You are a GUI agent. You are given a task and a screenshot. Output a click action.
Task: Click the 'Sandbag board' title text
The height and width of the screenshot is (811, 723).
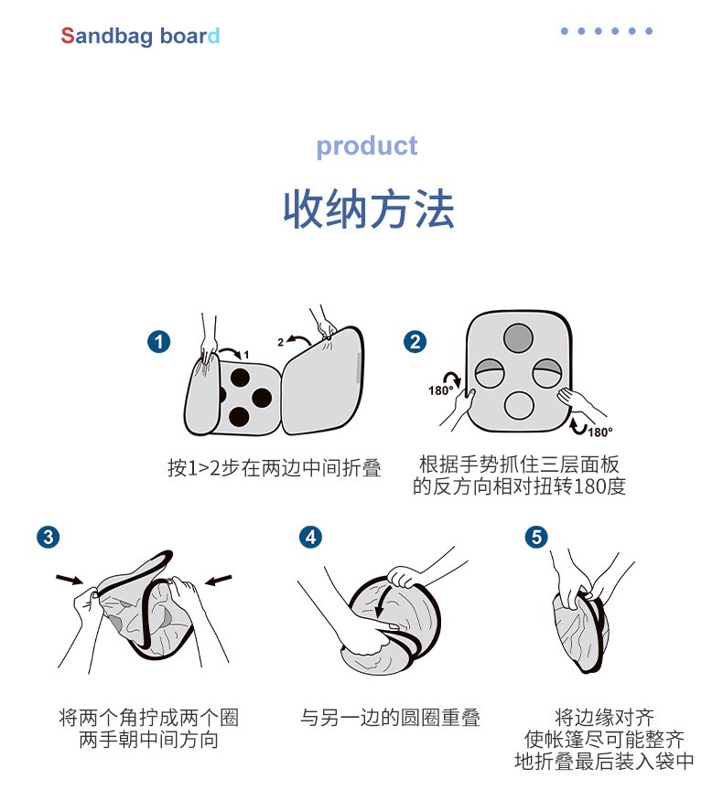pyautogui.click(x=140, y=37)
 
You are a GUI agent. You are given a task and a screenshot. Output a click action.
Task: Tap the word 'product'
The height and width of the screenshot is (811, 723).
pyautogui.click(x=367, y=146)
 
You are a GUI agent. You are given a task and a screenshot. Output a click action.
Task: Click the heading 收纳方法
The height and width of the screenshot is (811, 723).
pyautogui.click(x=369, y=209)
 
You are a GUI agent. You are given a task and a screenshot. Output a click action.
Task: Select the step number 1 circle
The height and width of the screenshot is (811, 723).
pyautogui.click(x=159, y=342)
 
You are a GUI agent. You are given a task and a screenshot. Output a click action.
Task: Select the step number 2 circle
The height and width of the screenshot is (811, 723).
pyautogui.click(x=415, y=342)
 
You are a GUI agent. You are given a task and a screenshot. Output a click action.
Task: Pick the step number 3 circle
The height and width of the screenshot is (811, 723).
pyautogui.click(x=49, y=537)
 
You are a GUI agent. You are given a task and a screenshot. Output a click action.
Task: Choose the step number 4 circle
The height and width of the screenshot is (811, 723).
pyautogui.click(x=310, y=537)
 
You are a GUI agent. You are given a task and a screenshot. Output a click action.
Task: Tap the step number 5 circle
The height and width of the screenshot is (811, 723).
pyautogui.click(x=536, y=537)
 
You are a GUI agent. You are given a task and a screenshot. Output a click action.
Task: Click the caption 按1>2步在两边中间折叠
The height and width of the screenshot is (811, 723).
pyautogui.click(x=275, y=467)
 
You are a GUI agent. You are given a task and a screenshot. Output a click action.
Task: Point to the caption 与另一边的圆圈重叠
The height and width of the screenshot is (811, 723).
pyautogui.click(x=391, y=718)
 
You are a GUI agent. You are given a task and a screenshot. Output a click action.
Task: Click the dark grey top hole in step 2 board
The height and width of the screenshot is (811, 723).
pyautogui.click(x=518, y=337)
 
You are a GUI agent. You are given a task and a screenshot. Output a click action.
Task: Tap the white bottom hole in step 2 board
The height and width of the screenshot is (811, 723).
pyautogui.click(x=519, y=406)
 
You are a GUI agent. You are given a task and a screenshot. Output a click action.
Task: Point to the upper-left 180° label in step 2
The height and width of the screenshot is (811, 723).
pyautogui.click(x=440, y=390)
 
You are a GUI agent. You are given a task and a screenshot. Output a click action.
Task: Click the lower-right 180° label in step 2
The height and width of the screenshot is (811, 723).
pyautogui.click(x=600, y=432)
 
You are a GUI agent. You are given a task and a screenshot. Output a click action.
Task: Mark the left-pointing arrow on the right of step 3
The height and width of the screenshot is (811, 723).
pyautogui.click(x=219, y=580)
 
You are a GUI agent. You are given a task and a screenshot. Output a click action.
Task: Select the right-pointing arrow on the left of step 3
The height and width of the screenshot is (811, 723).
pyautogui.click(x=70, y=579)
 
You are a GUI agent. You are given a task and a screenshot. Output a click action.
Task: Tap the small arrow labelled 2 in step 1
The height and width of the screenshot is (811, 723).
pyautogui.click(x=298, y=339)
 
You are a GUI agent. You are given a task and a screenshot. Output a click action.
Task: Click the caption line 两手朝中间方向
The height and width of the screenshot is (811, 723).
pyautogui.click(x=148, y=740)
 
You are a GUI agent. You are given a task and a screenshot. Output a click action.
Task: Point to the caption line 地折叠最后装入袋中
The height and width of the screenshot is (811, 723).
pyautogui.click(x=605, y=762)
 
